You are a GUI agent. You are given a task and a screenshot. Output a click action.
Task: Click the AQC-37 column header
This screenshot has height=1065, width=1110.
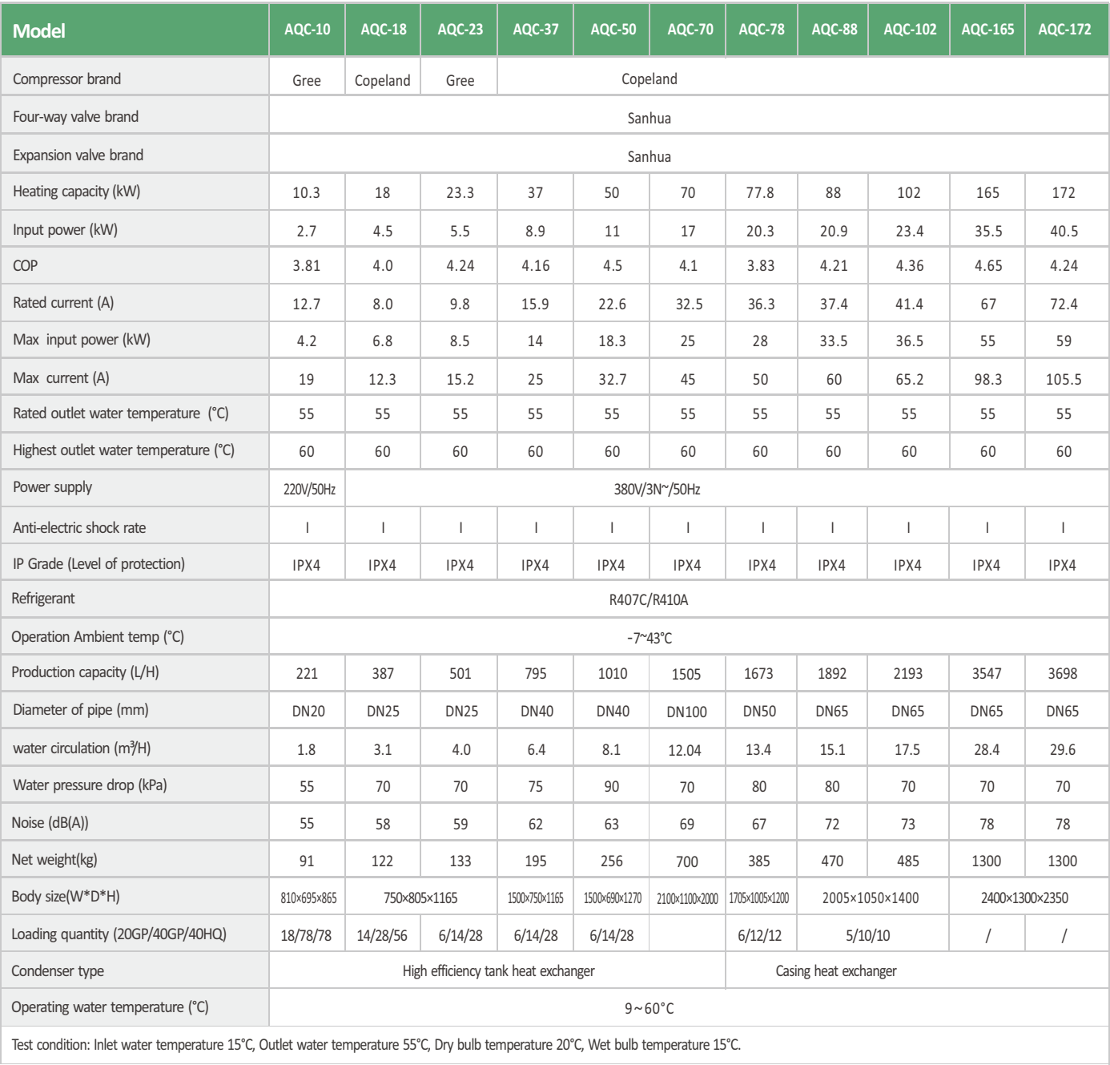click(x=536, y=30)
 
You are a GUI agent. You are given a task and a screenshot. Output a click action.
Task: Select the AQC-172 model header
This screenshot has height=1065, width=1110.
click(x=1064, y=30)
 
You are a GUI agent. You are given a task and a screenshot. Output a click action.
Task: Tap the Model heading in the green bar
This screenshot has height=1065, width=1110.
click(x=39, y=31)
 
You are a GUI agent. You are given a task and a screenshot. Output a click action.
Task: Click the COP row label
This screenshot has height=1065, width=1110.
click(x=26, y=266)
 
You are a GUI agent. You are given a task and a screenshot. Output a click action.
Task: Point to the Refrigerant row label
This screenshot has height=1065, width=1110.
click(x=43, y=599)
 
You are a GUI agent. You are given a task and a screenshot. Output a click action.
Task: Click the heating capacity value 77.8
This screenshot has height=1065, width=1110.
click(x=760, y=193)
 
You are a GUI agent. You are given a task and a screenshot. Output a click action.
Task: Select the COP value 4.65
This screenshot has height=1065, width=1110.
click(x=987, y=266)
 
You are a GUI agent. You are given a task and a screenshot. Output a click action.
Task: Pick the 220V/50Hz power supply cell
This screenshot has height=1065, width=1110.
click(x=309, y=490)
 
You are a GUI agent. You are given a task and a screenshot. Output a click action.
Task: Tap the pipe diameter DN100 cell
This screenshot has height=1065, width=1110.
click(x=686, y=712)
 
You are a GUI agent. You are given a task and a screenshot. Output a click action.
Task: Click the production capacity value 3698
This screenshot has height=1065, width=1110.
click(x=1062, y=674)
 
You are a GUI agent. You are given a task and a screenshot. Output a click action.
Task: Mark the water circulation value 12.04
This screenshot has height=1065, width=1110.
click(x=686, y=750)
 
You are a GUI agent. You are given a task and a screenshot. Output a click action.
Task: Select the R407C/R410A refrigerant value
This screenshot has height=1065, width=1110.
click(x=649, y=600)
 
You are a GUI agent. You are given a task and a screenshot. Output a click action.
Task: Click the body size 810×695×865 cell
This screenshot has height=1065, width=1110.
click(x=308, y=898)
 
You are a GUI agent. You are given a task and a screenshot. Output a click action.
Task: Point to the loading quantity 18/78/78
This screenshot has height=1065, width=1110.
click(x=306, y=936)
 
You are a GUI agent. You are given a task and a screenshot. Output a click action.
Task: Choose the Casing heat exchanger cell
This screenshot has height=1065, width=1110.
click(x=835, y=971)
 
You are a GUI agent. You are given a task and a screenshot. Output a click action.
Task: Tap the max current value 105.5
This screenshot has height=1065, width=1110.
click(x=1063, y=380)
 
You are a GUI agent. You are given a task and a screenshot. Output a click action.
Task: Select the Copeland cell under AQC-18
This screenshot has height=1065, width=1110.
click(x=382, y=81)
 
